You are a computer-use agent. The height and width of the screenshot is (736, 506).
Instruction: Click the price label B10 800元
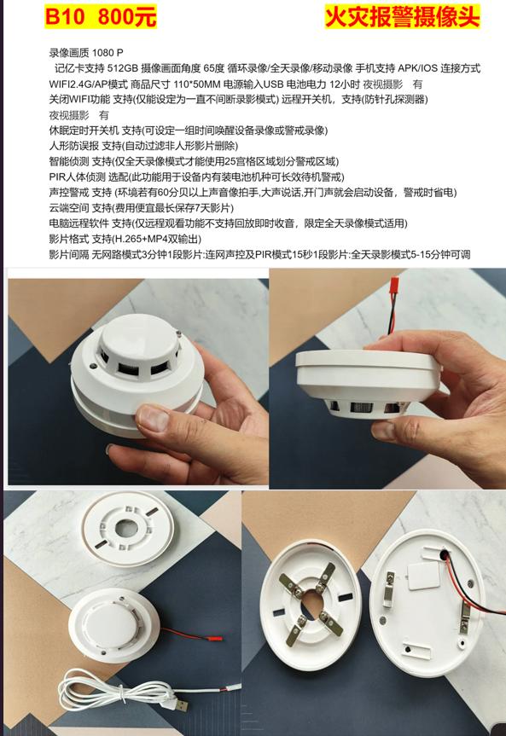(x=101, y=17)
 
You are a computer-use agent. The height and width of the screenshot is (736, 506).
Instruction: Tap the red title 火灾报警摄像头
(x=402, y=17)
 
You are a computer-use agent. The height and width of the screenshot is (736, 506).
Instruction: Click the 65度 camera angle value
(x=214, y=68)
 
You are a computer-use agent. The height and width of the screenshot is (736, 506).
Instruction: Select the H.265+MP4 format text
(x=147, y=239)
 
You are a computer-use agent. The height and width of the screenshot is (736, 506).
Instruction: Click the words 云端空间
(x=68, y=208)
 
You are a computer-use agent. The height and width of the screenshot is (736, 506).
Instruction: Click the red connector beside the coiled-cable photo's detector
(x=215, y=640)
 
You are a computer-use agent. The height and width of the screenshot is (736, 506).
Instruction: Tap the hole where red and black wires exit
(x=444, y=554)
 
